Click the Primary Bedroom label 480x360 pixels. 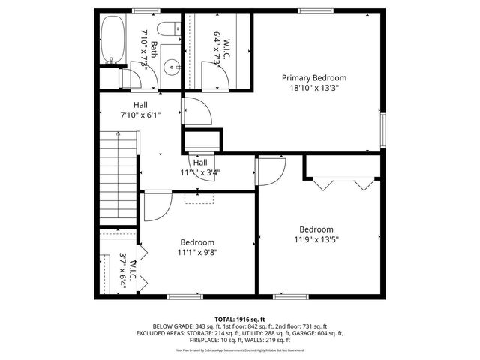[x=314, y=77]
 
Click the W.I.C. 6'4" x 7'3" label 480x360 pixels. [x=217, y=50]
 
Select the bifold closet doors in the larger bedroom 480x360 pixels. [x=343, y=183]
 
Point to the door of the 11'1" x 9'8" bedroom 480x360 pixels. [x=157, y=207]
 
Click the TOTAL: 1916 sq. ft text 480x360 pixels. [x=239, y=319]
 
